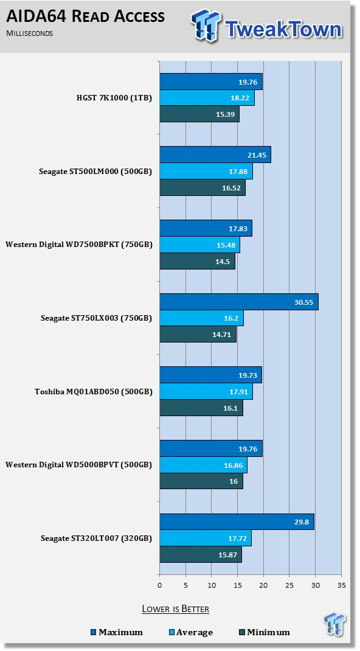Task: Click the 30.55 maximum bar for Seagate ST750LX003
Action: [x=239, y=302]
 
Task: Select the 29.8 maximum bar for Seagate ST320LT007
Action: [x=237, y=522]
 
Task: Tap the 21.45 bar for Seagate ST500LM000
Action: [x=215, y=155]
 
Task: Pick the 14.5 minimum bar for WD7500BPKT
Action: [x=198, y=261]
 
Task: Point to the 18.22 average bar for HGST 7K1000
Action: [x=207, y=97]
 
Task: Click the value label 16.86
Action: [x=234, y=465]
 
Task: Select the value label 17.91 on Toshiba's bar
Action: [x=239, y=392]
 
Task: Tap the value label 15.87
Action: [x=228, y=555]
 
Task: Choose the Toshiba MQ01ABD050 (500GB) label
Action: [x=93, y=392]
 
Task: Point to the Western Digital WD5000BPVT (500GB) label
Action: [x=79, y=465]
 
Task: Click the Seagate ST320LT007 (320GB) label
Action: [x=96, y=538]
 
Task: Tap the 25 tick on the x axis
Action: [x=289, y=585]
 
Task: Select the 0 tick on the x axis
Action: [x=160, y=585]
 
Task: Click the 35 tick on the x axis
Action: [x=341, y=585]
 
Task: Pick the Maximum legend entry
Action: [x=117, y=632]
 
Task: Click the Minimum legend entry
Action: [x=264, y=632]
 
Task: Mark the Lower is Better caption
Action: [x=175, y=609]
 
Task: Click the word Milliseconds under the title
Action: [x=29, y=33]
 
